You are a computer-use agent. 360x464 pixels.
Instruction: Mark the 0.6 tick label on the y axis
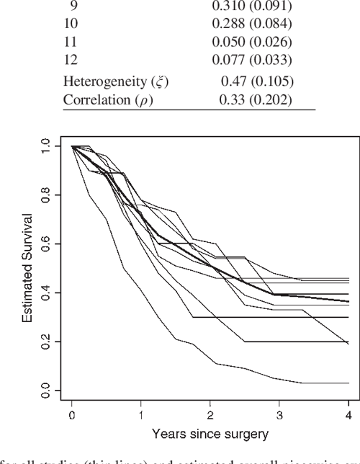pyautogui.click(x=47, y=244)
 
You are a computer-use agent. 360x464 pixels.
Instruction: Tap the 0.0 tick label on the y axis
pyautogui.click(x=47, y=391)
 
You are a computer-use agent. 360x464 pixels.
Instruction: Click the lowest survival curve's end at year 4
pyautogui.click(x=348, y=383)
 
